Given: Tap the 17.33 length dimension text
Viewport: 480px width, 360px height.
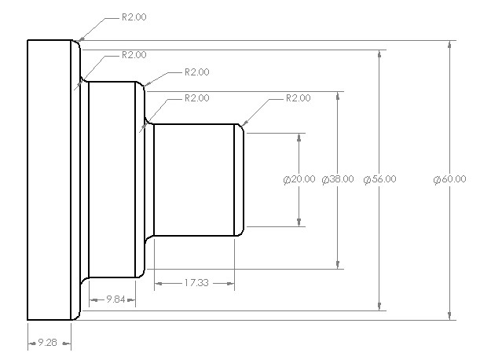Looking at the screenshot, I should tap(194, 281).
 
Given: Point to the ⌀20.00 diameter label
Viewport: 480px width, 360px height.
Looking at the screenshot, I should tap(299, 179).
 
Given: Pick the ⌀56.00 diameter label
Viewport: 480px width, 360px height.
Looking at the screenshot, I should tap(380, 179).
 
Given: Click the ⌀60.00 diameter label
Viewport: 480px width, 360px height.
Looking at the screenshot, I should tap(449, 179).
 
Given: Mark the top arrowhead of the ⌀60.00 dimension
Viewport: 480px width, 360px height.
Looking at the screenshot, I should tap(449, 44).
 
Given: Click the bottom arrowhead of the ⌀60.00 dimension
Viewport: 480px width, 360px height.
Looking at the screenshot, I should tap(449, 316).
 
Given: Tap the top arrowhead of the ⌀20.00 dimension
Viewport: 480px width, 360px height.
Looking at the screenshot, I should tap(299, 137).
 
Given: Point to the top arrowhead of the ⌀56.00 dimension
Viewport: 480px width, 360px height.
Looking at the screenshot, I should tap(381, 54).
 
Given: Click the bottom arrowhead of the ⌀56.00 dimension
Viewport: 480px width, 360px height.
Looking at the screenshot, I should tap(381, 307).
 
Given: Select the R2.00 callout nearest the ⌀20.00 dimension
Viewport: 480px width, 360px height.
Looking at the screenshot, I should tap(298, 98).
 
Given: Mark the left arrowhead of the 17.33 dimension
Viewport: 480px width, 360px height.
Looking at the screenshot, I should tap(158, 282).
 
